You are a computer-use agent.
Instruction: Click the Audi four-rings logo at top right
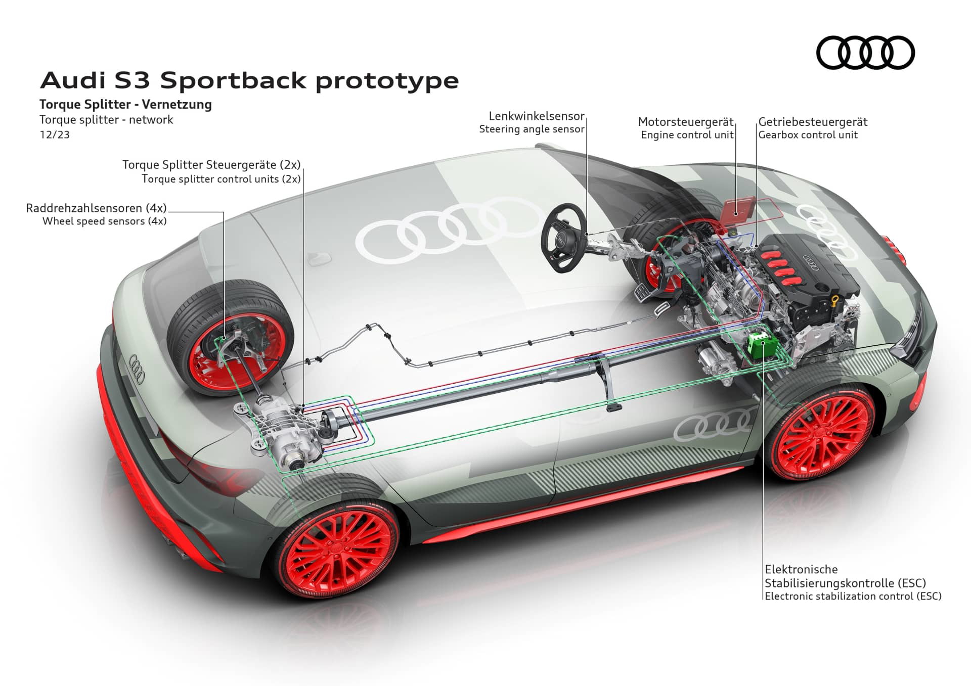865,53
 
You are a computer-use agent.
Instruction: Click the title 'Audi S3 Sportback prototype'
249,81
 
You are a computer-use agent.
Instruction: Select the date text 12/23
55,135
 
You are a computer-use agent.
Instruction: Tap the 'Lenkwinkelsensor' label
536,116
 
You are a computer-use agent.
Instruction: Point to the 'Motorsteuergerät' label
685,122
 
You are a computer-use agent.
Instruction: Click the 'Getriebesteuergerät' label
813,122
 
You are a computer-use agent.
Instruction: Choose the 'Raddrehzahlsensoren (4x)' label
96,208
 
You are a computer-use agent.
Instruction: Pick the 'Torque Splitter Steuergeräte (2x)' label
211,165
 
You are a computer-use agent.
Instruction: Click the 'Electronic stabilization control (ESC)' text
853,596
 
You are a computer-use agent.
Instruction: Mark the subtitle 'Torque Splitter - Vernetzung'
125,105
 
